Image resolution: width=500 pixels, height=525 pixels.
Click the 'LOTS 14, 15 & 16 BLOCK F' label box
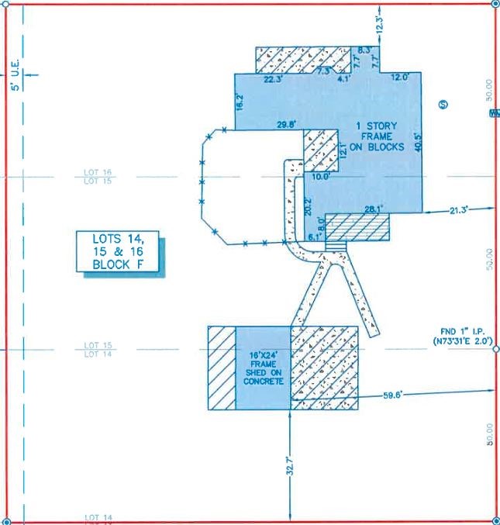119,251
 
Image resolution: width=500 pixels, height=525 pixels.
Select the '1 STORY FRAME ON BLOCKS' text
380,136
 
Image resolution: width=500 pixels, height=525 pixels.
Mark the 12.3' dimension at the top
379,23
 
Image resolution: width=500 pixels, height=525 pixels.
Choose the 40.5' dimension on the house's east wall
418,142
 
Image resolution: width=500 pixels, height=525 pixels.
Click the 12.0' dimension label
400,78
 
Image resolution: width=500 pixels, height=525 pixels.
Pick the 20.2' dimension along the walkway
307,206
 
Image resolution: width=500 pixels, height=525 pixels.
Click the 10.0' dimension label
321,177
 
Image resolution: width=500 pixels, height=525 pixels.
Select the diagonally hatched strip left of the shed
222,368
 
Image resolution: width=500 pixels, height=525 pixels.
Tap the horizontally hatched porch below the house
357,227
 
